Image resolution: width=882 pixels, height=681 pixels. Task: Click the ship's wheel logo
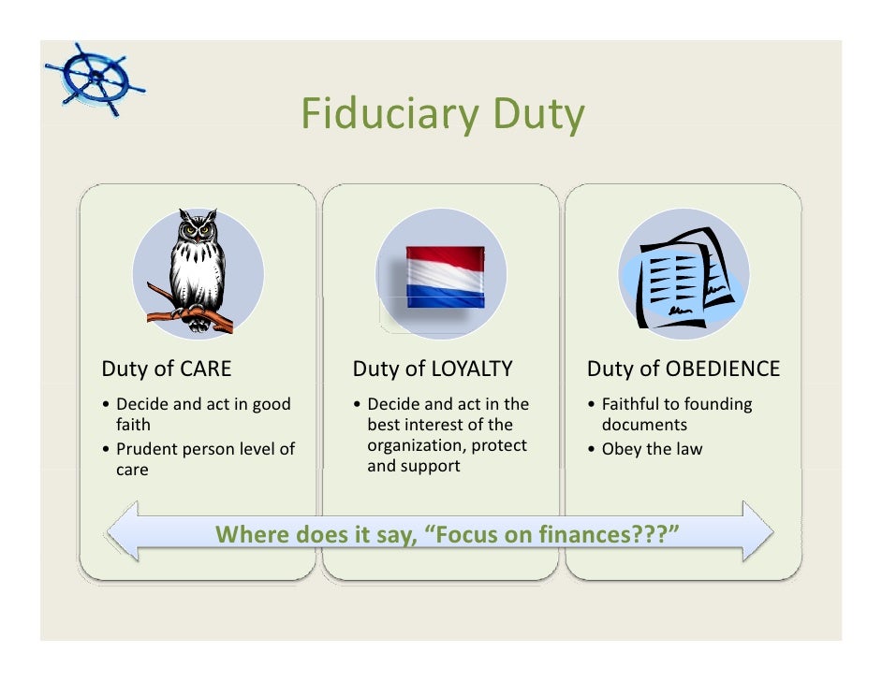94,79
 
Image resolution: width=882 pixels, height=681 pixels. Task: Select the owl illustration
197,267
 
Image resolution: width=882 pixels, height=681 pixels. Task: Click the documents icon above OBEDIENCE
682,276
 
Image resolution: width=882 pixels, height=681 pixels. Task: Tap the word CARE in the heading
205,369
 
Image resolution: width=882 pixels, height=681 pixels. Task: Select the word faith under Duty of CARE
133,425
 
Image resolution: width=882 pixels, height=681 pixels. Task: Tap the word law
688,449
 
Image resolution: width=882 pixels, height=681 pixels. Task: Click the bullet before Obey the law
592,450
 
